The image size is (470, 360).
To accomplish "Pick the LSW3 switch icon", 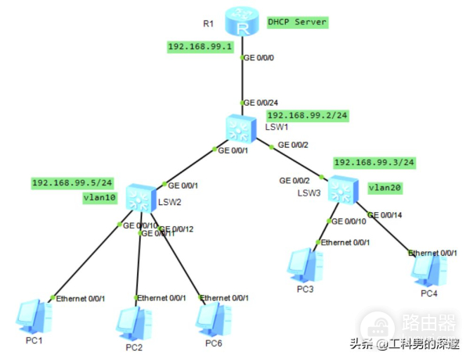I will pyautogui.click(x=342, y=189).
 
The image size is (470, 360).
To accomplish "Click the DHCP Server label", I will pyautogui.click(x=297, y=22).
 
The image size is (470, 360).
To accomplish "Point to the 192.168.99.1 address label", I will pyautogui.click(x=201, y=47).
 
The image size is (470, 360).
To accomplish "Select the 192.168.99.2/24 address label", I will pyautogui.click(x=307, y=115).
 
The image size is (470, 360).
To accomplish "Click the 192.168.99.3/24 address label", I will pyautogui.click(x=373, y=163).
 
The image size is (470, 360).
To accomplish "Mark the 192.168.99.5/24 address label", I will pyautogui.click(x=72, y=183).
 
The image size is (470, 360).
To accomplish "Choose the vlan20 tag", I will pyautogui.click(x=384, y=188).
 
